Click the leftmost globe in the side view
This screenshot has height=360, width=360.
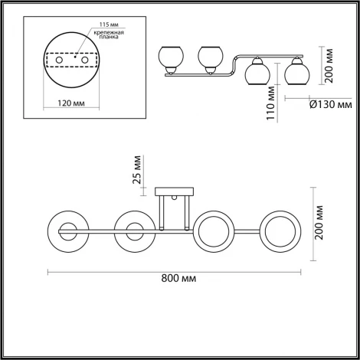coord(169,57)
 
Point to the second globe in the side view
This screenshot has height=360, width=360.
coord(209,57)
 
